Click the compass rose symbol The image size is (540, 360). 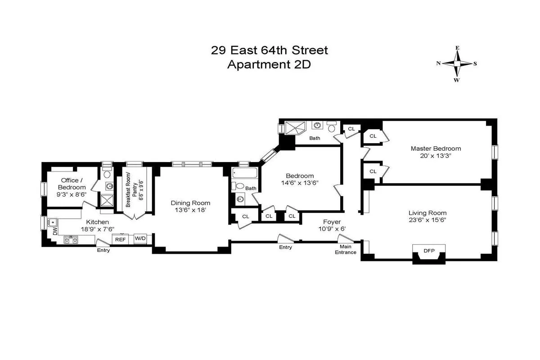click(457, 64)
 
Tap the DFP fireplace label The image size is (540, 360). click(429, 251)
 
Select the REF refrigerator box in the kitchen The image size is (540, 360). click(120, 239)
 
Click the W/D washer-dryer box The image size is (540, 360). click(140, 239)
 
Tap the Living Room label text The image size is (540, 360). click(427, 213)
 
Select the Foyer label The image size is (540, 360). click(332, 222)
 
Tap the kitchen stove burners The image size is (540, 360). click(71, 239)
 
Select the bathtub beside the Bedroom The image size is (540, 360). click(244, 172)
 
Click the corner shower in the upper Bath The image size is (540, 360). click(293, 128)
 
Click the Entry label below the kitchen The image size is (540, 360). click(103, 250)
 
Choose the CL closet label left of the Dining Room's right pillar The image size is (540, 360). click(245, 216)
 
